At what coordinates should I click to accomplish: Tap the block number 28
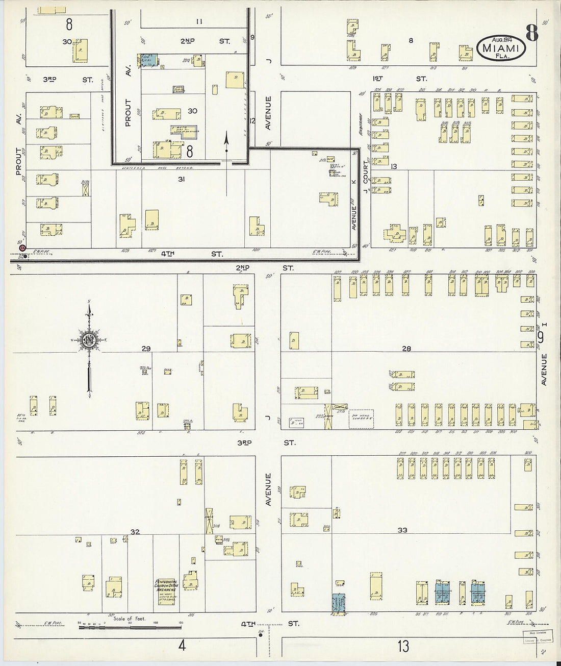click(x=406, y=349)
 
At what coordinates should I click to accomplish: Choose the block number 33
click(x=402, y=530)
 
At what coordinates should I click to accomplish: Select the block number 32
click(x=135, y=532)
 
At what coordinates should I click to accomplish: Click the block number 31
click(x=181, y=179)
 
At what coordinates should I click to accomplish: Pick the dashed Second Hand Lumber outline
click(x=361, y=418)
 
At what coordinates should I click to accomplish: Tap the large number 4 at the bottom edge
click(x=182, y=646)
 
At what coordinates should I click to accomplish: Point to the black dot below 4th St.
click(x=261, y=635)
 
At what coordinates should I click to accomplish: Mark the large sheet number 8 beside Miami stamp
click(x=531, y=33)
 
